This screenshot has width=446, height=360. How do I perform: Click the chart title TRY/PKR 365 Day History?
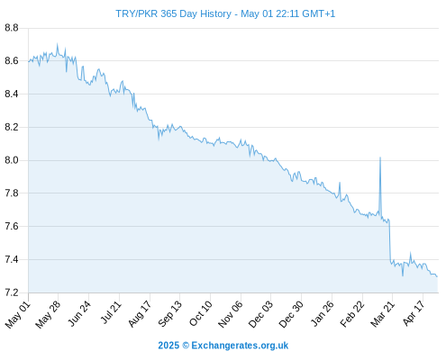[x=173, y=13]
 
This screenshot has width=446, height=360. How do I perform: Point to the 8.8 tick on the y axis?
[x=12, y=28]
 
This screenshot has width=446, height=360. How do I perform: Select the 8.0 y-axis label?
[x=12, y=160]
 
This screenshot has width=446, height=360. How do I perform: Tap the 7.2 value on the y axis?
[x=12, y=292]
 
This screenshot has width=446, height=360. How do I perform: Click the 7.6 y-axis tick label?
[x=12, y=226]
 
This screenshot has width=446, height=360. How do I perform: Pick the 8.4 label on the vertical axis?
[x=12, y=94]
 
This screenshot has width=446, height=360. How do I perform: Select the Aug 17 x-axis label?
[x=140, y=314]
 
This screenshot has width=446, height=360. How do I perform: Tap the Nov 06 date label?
[x=230, y=314]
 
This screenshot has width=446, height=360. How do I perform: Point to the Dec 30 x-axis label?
[x=291, y=314]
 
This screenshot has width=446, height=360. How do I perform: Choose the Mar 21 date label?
[x=382, y=314]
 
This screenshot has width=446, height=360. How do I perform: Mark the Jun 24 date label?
[x=79, y=313]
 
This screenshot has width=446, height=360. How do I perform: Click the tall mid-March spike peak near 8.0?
[x=380, y=157]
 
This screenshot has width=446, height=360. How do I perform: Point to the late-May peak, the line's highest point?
[x=58, y=44]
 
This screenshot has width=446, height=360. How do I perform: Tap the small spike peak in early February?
[x=340, y=183]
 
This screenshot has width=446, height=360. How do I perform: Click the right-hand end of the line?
[x=437, y=276]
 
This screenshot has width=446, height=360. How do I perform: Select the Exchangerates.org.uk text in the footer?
[x=240, y=346]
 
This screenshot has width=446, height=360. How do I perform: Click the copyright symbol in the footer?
[x=186, y=346]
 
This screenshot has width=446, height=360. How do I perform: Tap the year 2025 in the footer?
[x=168, y=346]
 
